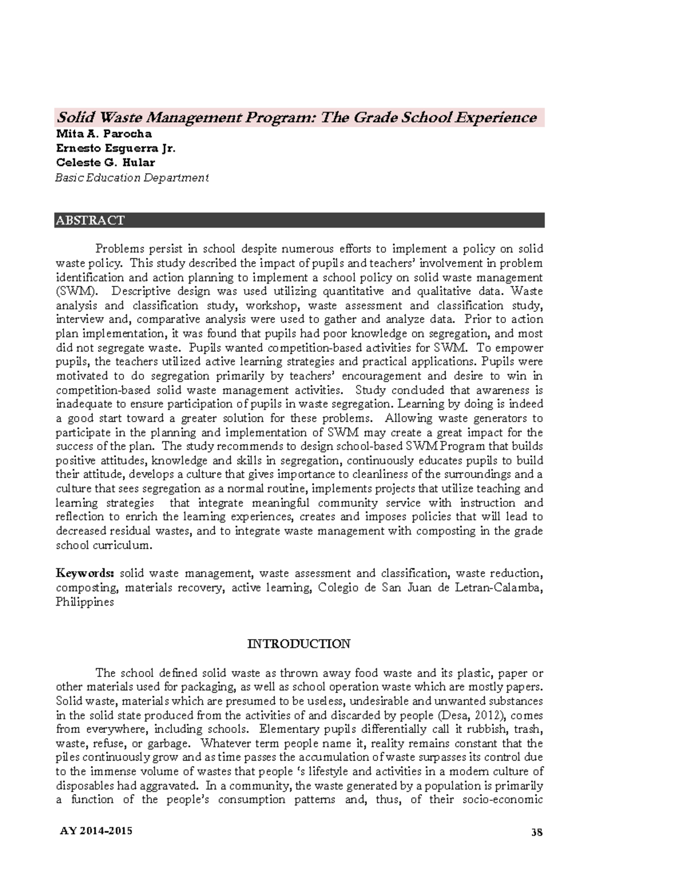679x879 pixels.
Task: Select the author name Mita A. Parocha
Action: (x=104, y=134)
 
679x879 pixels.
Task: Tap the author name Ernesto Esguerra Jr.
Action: (x=115, y=148)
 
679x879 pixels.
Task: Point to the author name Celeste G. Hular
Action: (x=105, y=163)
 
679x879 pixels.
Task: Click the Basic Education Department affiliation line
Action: (x=132, y=178)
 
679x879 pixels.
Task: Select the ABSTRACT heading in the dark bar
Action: (x=89, y=220)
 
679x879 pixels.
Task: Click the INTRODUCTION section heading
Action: (x=299, y=644)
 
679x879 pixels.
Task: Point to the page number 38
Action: (x=536, y=832)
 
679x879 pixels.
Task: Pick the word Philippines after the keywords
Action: (x=84, y=602)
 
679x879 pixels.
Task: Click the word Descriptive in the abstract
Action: (x=141, y=291)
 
